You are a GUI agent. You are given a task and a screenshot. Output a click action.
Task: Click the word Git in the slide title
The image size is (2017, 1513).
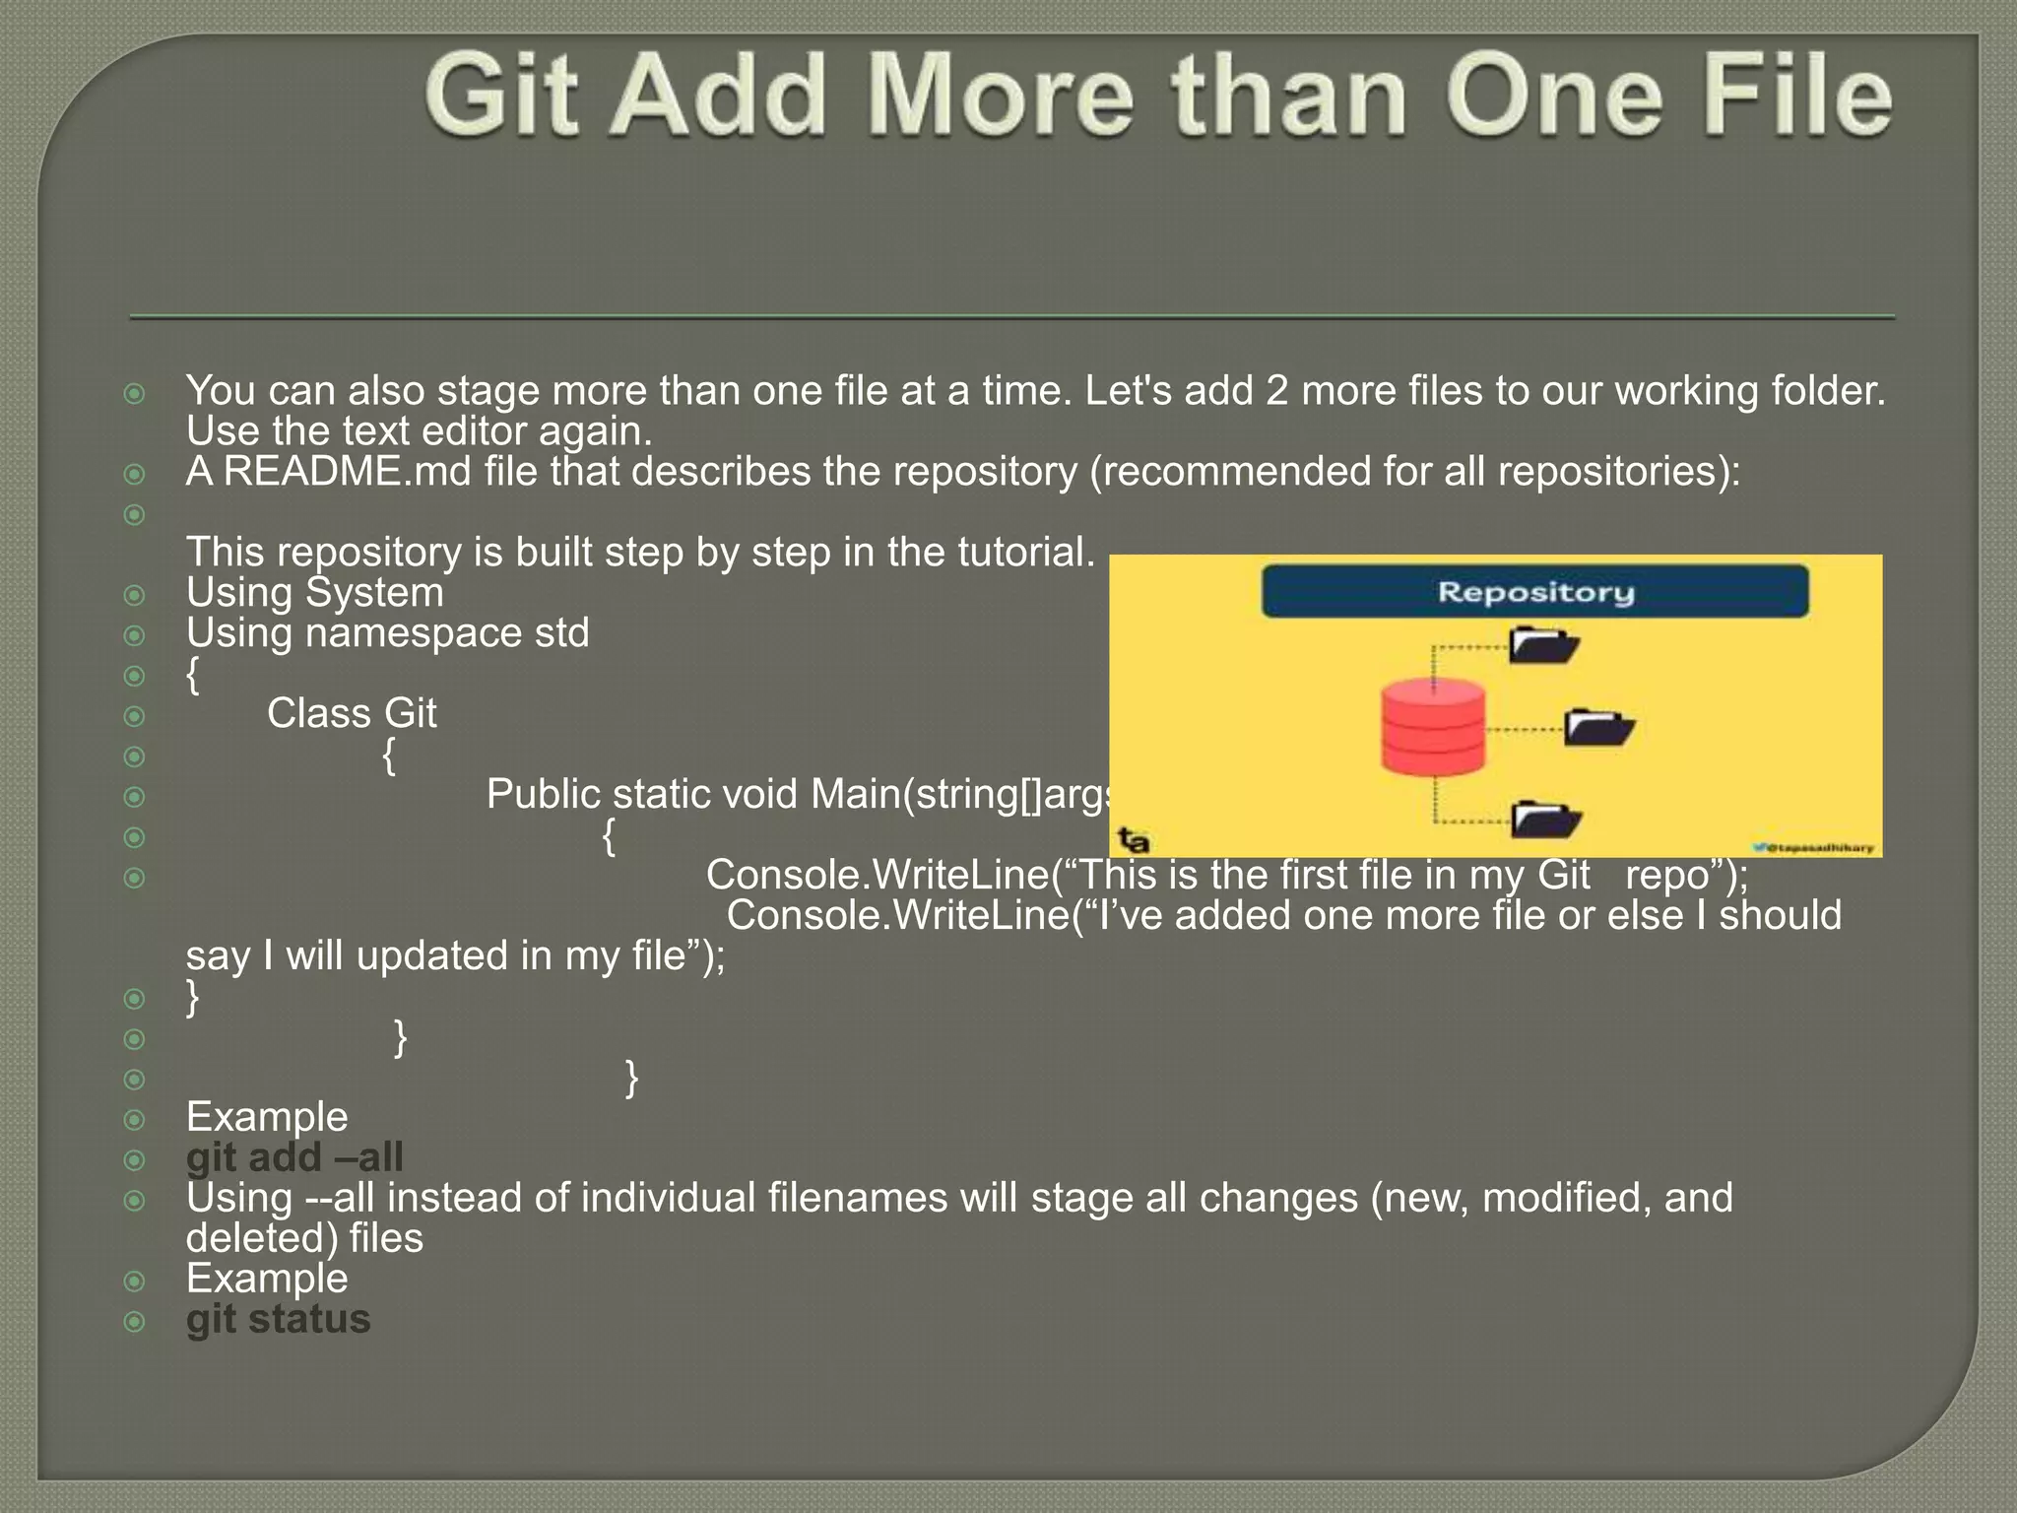(x=502, y=97)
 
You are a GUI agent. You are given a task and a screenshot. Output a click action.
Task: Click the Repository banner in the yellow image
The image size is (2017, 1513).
(x=1534, y=592)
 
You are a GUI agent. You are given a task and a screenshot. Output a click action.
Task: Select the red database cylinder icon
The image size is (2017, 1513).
(x=1433, y=727)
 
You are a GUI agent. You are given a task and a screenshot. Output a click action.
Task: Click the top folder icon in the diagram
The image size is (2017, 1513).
(x=1544, y=645)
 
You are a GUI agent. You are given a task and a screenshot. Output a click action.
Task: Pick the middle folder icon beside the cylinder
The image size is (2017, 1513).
(x=1598, y=728)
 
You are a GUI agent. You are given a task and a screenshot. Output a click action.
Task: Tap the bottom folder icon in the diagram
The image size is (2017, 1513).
(x=1546, y=819)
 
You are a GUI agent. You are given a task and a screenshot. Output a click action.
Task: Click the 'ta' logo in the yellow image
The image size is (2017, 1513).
(x=1134, y=840)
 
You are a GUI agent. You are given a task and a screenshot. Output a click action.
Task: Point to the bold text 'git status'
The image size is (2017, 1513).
(x=279, y=1319)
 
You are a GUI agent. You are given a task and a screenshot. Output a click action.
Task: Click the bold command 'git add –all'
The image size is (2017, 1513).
(x=294, y=1157)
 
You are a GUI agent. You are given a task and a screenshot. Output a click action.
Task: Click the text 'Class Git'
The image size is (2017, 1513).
(x=352, y=713)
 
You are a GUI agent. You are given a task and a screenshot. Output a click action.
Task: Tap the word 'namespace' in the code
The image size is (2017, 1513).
(x=414, y=632)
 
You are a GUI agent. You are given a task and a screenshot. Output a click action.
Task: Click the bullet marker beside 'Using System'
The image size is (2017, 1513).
(x=135, y=595)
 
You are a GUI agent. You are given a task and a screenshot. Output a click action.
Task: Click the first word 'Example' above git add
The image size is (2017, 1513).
(x=267, y=1117)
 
